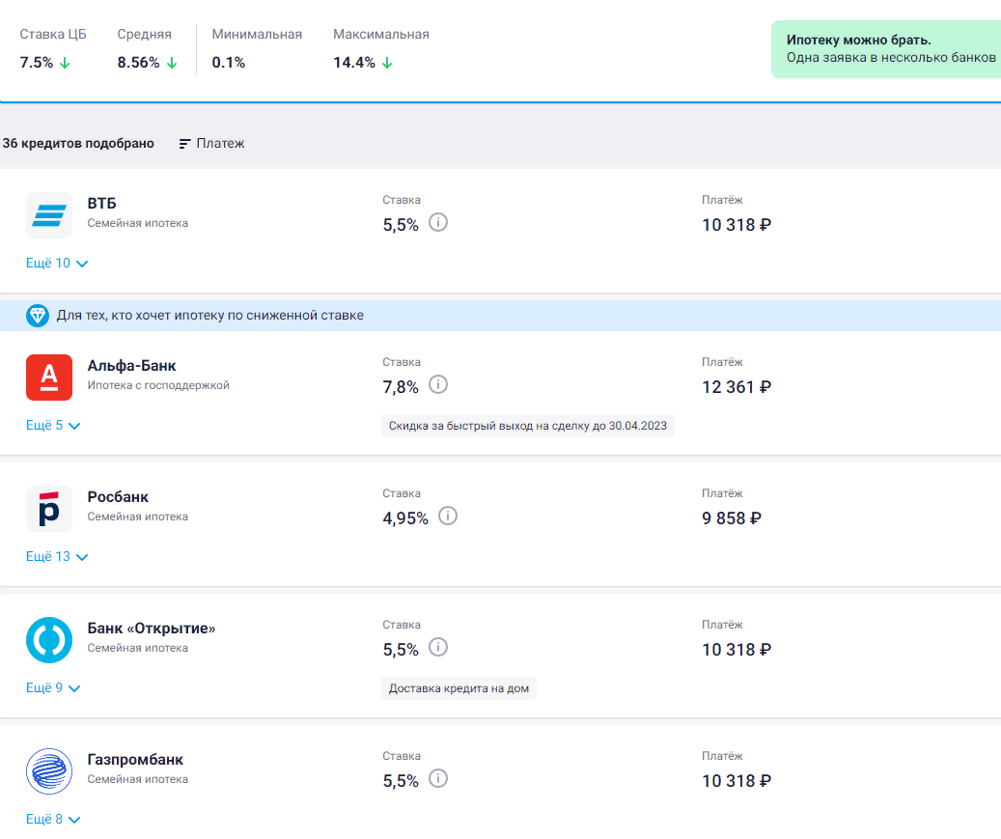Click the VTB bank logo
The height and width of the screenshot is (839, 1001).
tap(49, 214)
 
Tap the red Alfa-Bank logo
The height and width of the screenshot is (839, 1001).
tap(49, 377)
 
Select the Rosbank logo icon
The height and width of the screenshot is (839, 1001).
tap(49, 508)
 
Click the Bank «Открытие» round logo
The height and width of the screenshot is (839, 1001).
tap(49, 639)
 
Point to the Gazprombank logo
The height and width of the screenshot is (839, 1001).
tap(49, 770)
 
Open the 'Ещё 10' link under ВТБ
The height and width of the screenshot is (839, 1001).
tap(57, 264)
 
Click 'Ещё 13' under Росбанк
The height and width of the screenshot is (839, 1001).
tap(57, 557)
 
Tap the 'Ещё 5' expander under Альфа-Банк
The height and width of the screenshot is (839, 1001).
tap(53, 426)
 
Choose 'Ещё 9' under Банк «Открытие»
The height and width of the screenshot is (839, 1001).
tap(53, 688)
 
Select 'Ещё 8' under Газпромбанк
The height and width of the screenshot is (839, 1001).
tap(53, 820)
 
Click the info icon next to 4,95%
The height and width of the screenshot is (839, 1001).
tap(447, 517)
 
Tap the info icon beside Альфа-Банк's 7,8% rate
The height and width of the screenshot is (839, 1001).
tap(438, 385)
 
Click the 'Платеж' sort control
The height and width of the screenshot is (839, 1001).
tap(212, 143)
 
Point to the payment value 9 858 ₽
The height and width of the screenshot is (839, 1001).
tap(732, 518)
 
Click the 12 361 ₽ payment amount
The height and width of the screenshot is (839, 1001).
tap(737, 387)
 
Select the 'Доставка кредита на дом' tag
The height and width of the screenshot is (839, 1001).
tap(459, 688)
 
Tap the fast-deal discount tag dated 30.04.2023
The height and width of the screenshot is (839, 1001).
tap(527, 426)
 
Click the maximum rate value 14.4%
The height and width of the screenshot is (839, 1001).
tap(354, 63)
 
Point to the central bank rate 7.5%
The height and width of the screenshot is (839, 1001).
tap(37, 63)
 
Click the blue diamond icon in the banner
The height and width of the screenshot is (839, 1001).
tap(38, 315)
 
